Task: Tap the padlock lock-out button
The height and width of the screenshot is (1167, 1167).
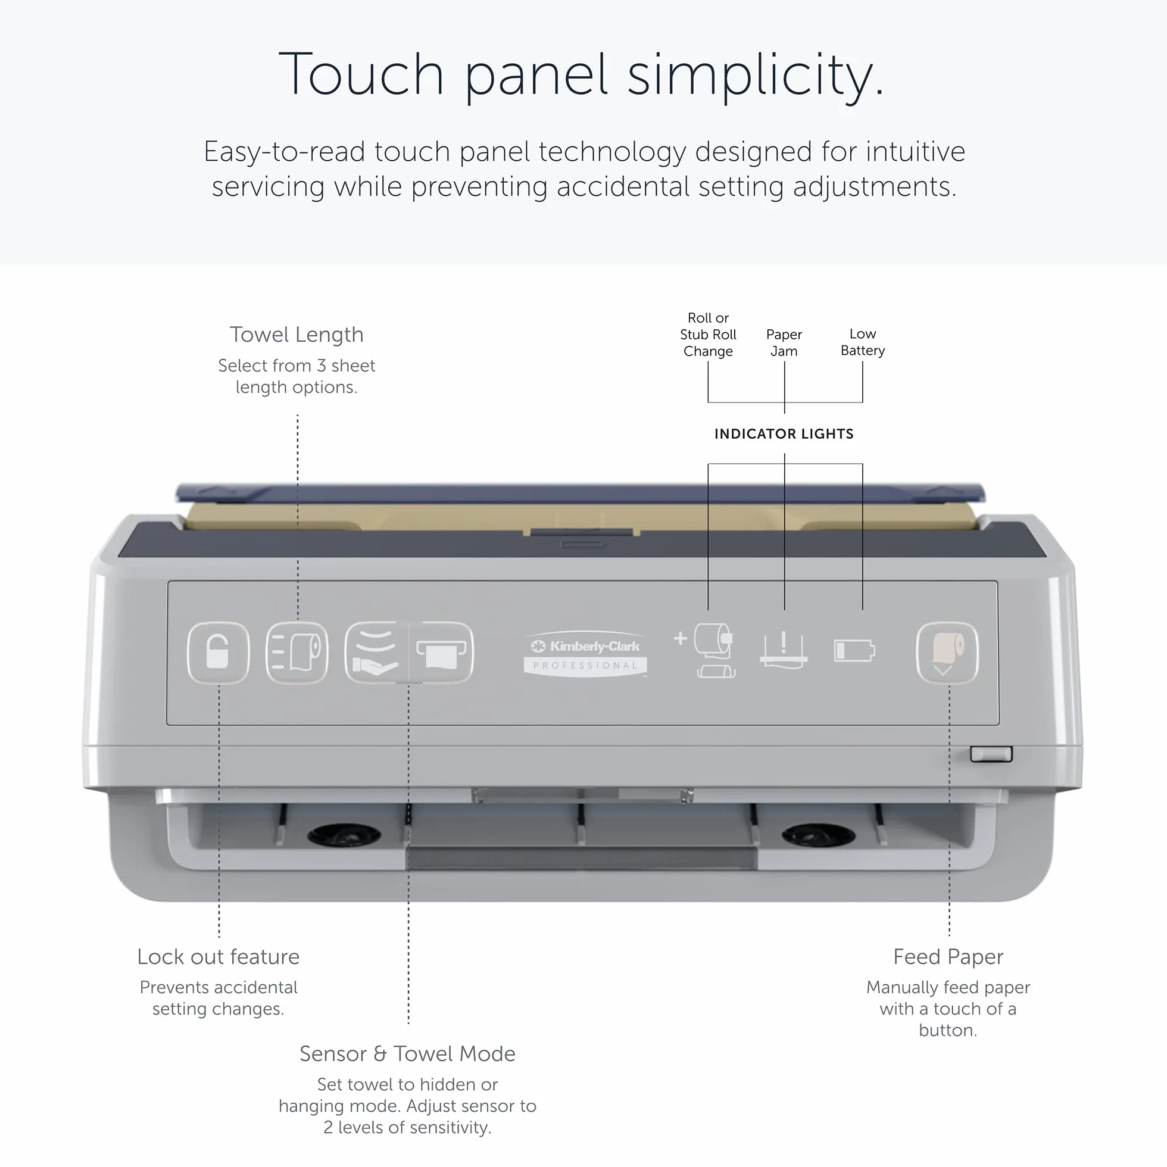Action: click(218, 653)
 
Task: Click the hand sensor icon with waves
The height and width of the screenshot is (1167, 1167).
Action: click(376, 653)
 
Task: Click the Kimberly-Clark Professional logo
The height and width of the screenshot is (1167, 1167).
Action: click(585, 655)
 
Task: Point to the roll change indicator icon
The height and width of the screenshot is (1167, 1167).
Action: click(706, 651)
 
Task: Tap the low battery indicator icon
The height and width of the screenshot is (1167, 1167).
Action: click(854, 651)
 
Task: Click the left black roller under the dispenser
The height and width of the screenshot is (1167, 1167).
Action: click(344, 835)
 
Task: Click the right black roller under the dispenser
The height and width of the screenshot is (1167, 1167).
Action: click(819, 835)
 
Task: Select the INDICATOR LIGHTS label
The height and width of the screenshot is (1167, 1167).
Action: click(784, 433)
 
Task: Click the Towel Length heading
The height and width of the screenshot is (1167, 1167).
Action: click(297, 334)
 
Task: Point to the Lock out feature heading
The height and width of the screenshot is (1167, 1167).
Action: click(218, 956)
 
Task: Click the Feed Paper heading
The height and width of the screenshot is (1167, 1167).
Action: click(948, 957)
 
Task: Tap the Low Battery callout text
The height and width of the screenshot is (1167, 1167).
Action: click(863, 342)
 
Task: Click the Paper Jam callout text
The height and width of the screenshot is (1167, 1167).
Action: click(784, 342)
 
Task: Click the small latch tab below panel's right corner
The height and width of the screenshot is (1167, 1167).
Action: click(991, 754)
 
